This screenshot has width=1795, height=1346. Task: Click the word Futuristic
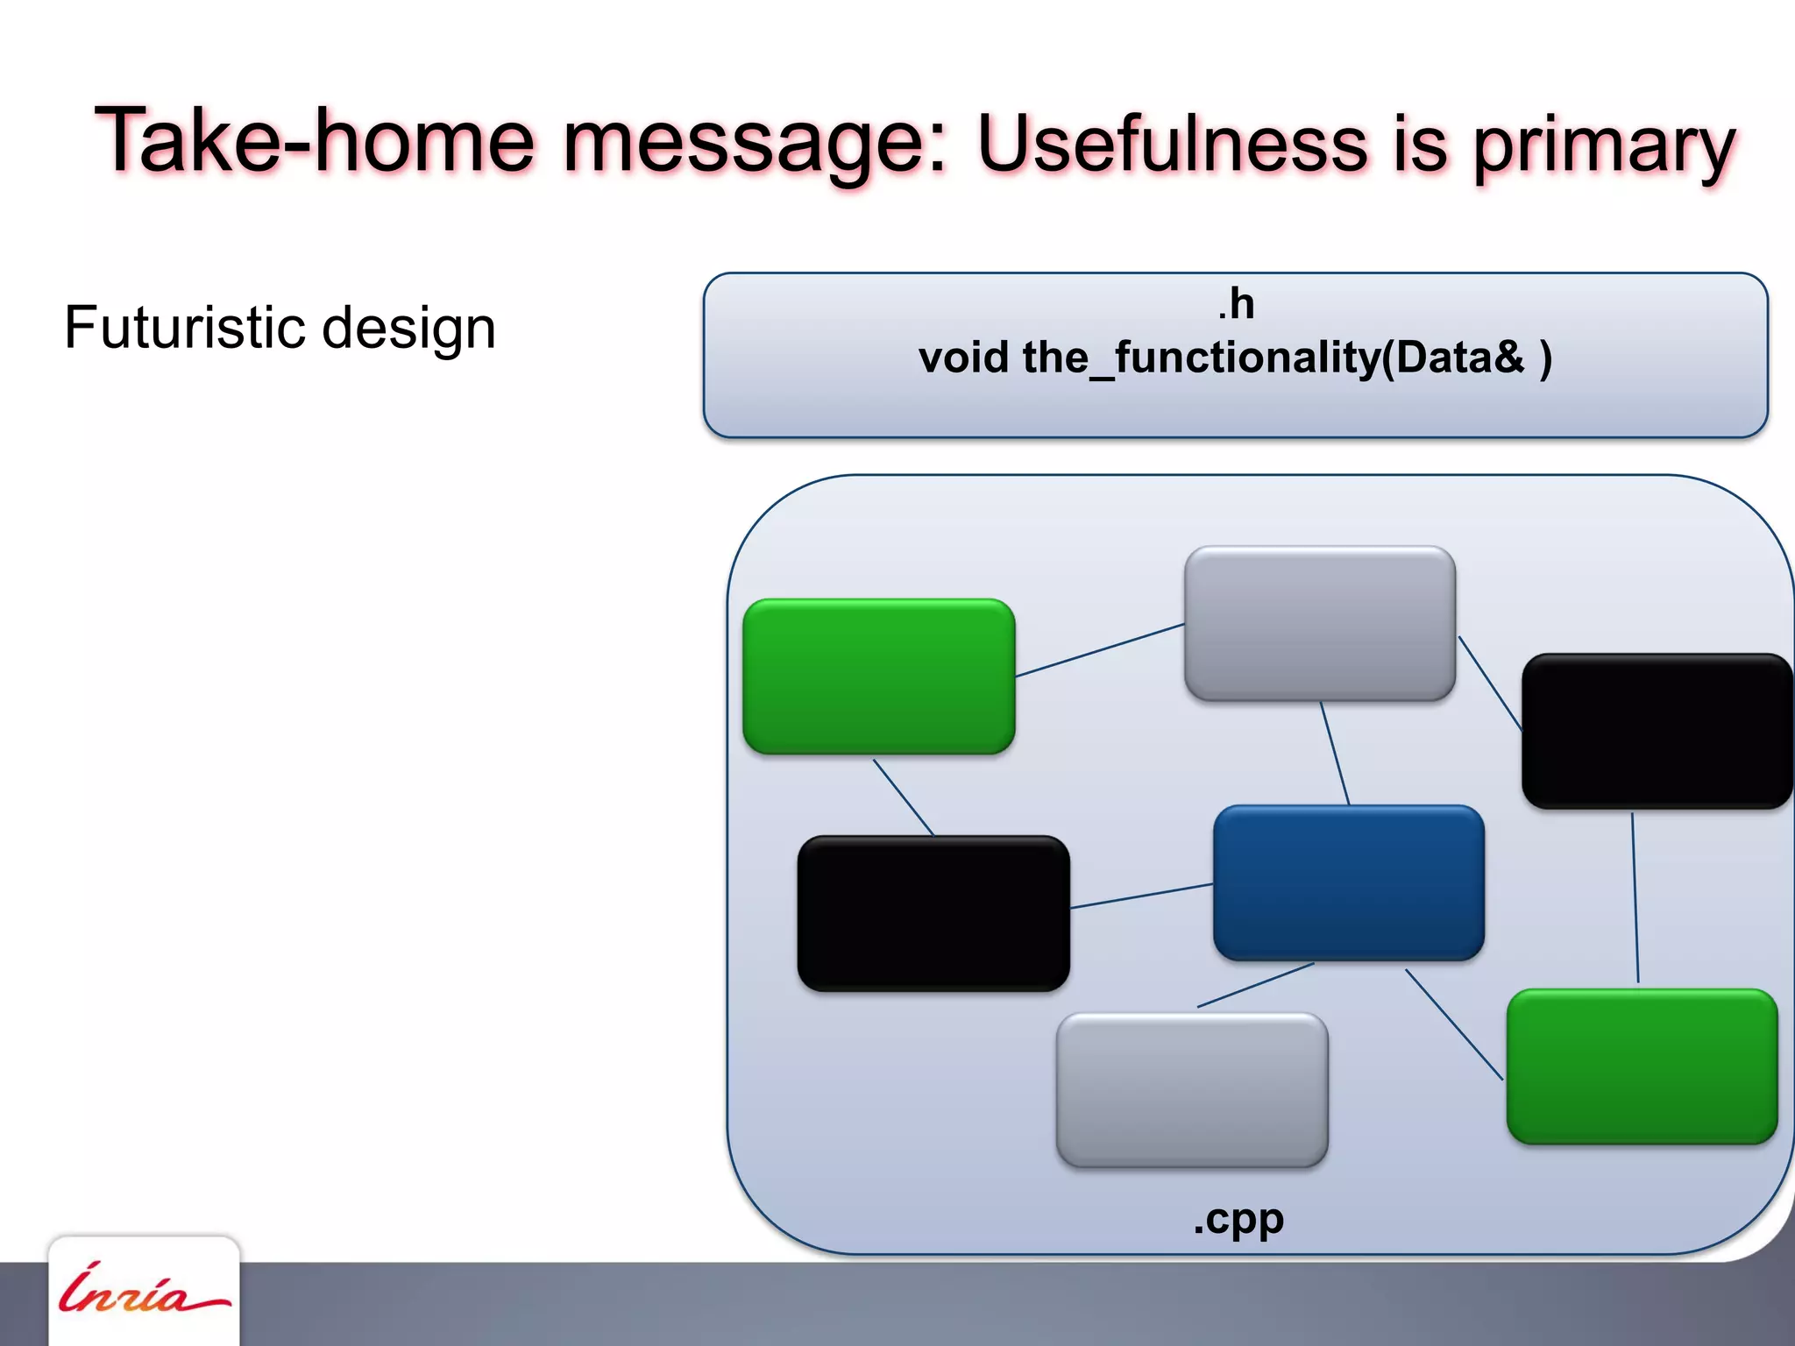pyautogui.click(x=184, y=328)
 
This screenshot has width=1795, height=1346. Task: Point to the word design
pyautogui.click(x=408, y=329)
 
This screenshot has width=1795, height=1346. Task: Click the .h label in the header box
pyautogui.click(x=1236, y=304)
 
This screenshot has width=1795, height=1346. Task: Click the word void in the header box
pyautogui.click(x=963, y=358)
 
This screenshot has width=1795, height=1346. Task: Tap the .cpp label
pyautogui.click(x=1238, y=1218)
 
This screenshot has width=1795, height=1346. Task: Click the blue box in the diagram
pyautogui.click(x=1348, y=882)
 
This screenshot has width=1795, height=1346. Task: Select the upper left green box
pyautogui.click(x=878, y=676)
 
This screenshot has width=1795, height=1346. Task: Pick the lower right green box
pyautogui.click(x=1642, y=1066)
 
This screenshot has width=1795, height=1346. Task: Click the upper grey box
pyautogui.click(x=1320, y=623)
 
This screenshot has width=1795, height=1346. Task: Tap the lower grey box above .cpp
pyautogui.click(x=1192, y=1089)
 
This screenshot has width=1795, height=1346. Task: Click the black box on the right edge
pyautogui.click(x=1657, y=731)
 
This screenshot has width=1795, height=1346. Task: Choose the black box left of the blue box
pyautogui.click(x=933, y=913)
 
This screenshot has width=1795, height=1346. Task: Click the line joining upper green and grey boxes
pyautogui.click(x=1100, y=650)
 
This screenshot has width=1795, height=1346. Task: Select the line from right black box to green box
pyautogui.click(x=1635, y=898)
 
